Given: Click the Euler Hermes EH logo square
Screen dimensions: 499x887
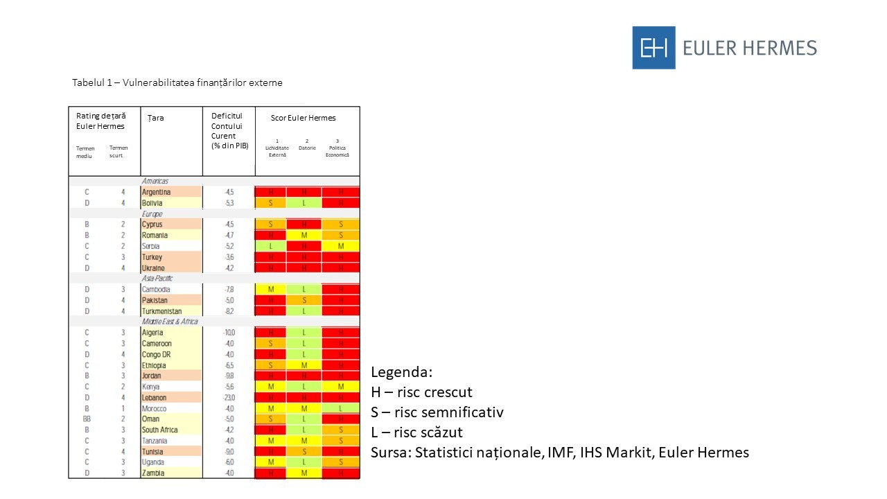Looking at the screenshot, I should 653,48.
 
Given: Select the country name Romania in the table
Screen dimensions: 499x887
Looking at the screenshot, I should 155,236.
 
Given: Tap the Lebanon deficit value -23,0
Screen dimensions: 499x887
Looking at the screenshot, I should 229,398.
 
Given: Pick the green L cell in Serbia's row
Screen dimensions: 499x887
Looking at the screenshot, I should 271,246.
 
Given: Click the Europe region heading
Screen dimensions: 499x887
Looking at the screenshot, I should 152,214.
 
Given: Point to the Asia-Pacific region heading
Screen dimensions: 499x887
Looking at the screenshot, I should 157,279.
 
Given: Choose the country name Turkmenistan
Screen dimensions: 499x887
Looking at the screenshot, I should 161,311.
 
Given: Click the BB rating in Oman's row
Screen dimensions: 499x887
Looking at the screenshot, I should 87,419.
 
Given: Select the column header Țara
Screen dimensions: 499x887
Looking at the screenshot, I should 155,118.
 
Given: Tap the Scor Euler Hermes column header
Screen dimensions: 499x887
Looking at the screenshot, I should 303,118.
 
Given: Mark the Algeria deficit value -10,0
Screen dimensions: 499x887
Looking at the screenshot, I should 229,333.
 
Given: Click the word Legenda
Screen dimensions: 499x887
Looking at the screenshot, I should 401,372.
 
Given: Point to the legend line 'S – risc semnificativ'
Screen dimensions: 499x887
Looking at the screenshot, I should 437,412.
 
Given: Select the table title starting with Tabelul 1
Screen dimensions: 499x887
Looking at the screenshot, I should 177,82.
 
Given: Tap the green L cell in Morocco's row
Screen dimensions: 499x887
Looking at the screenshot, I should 340,408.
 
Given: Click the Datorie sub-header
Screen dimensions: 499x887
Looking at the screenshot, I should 307,148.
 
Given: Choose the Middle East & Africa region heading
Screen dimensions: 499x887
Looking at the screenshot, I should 170,322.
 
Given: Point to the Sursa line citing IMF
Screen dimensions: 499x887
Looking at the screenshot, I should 560,453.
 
